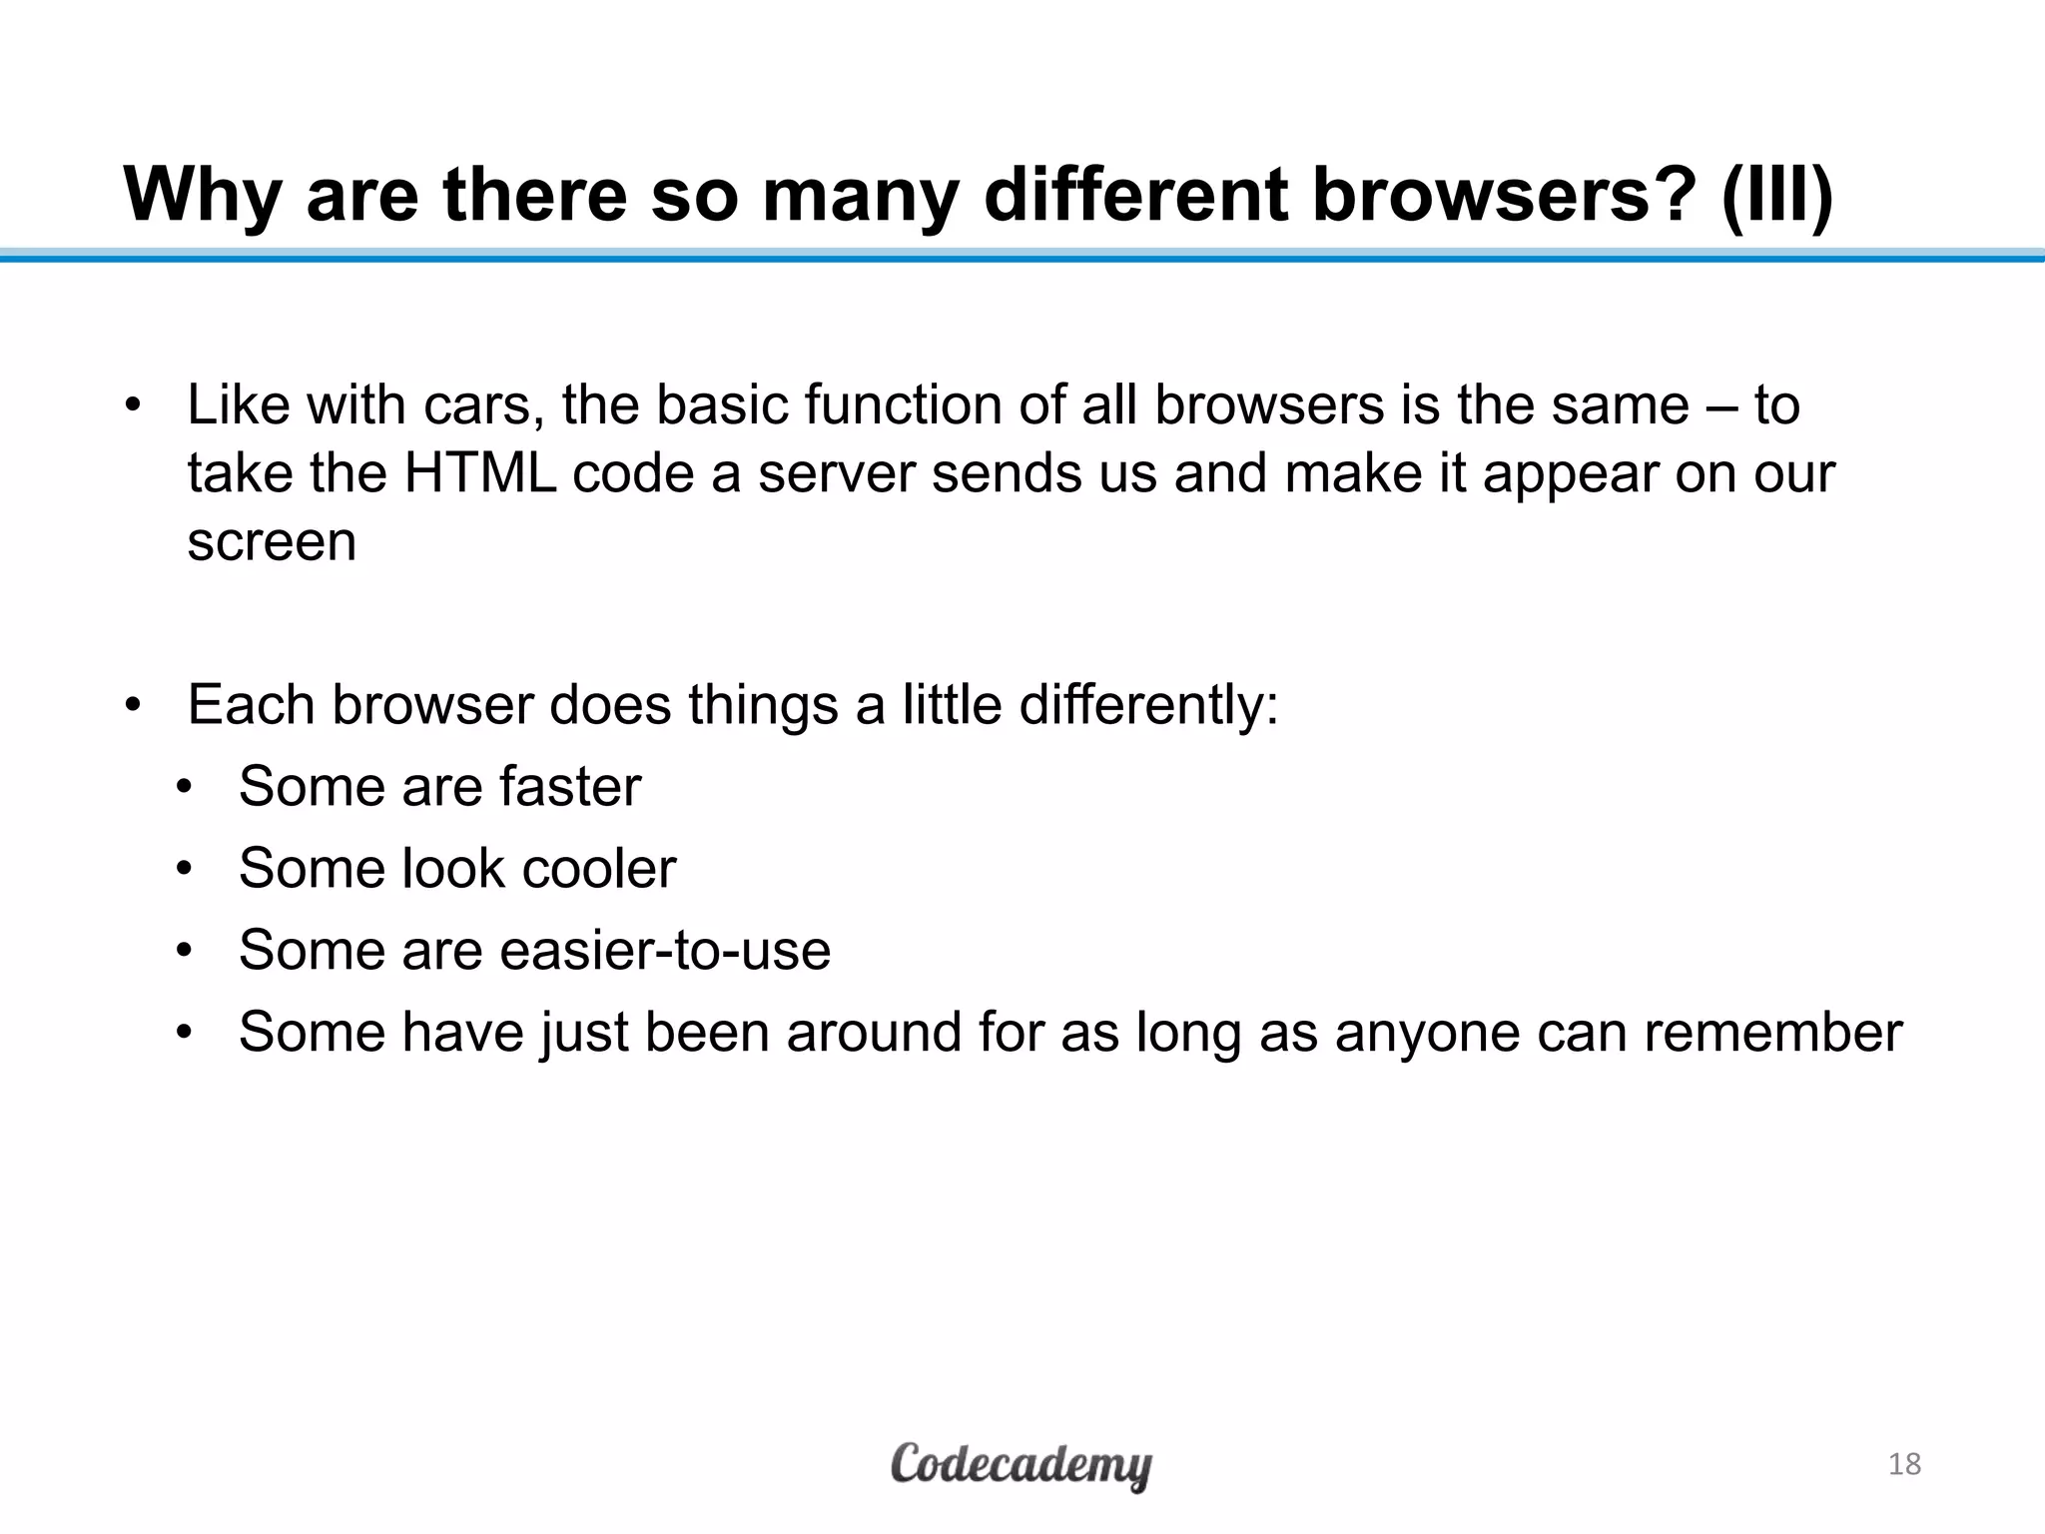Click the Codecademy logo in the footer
click(x=1021, y=1465)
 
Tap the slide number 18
click(x=1904, y=1464)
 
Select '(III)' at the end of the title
click(x=1778, y=195)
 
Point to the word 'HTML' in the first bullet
click(x=479, y=472)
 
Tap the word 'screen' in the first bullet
click(x=272, y=542)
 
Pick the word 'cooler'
click(x=599, y=868)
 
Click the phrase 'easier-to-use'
click(x=665, y=950)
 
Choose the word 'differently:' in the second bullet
click(x=1148, y=705)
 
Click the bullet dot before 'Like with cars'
click(x=134, y=406)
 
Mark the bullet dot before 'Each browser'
click(x=134, y=706)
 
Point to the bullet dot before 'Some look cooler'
click(x=184, y=869)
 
